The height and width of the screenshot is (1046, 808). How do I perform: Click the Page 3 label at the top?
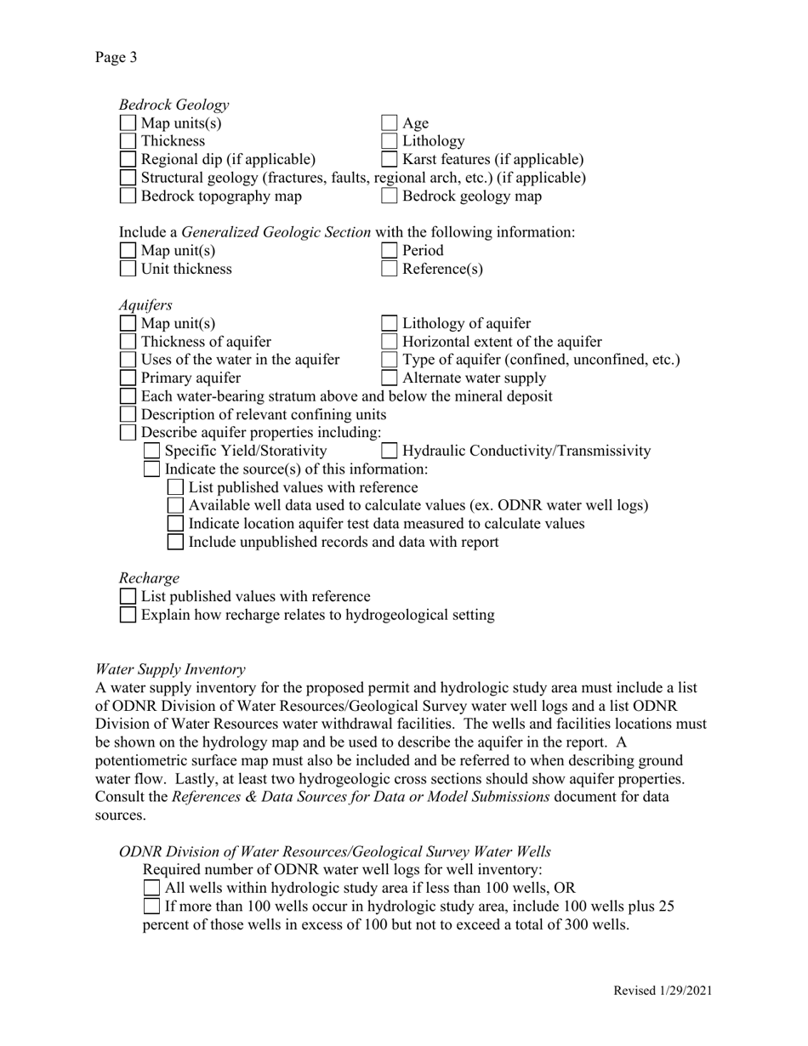tap(116, 57)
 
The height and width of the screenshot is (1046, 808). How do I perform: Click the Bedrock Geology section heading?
tap(174, 105)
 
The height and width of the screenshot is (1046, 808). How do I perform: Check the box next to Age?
tap(389, 123)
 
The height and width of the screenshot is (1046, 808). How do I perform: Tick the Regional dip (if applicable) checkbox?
tap(128, 160)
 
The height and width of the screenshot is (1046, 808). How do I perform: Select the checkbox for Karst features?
tap(389, 160)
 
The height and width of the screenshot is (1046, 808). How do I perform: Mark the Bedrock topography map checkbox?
tap(128, 196)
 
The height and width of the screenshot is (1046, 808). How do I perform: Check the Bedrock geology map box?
tap(389, 196)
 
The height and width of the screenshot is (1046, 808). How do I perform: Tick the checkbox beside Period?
tap(389, 251)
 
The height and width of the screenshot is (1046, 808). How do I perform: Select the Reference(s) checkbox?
tap(389, 270)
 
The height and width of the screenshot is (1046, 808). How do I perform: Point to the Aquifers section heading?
tap(145, 304)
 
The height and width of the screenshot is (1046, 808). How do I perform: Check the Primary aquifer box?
tap(128, 378)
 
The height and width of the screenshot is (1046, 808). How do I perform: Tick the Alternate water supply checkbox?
tap(389, 378)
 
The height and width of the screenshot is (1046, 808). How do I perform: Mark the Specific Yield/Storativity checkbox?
tap(151, 452)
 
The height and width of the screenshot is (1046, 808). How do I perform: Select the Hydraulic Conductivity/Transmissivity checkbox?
tap(389, 452)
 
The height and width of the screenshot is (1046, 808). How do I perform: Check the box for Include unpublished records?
tap(175, 543)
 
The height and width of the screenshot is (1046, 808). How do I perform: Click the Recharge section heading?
tap(149, 578)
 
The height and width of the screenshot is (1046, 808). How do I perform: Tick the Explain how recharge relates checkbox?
tap(128, 616)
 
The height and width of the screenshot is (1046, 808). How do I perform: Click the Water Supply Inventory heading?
tap(170, 669)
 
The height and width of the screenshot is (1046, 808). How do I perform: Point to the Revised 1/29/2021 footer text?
tap(663, 991)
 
